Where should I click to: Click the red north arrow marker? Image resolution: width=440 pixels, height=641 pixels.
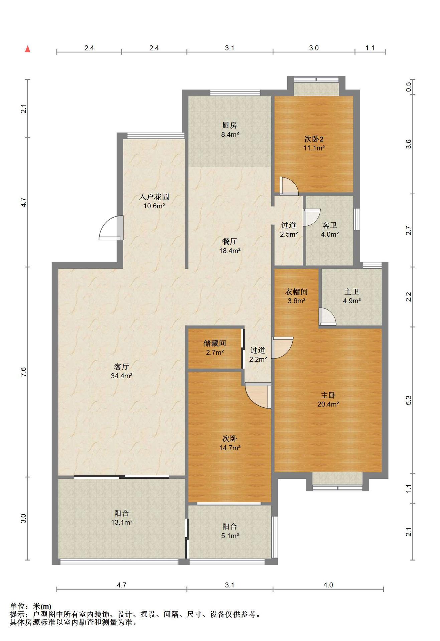28,49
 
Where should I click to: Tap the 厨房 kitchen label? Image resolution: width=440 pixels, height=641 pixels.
230,125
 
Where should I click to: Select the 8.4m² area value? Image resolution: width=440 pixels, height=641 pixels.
230,135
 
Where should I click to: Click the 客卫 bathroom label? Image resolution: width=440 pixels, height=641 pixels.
329,225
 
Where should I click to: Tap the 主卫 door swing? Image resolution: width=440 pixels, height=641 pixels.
327,316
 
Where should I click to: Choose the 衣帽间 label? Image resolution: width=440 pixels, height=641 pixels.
296,292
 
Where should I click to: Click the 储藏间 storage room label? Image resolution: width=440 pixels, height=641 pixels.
215,343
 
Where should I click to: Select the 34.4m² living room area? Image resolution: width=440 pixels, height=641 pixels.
122,376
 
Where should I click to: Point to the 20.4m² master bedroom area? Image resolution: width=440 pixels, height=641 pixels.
328,404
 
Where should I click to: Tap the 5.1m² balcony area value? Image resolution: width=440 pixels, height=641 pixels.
230,536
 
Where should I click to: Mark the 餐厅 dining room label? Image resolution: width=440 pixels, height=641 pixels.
230,241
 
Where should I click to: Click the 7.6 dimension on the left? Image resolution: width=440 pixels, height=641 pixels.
23,372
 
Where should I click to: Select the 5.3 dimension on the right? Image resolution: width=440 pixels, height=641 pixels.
408,400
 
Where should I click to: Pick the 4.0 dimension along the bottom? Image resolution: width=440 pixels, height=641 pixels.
328,585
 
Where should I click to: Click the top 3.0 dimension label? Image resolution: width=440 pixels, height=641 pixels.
314,48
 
